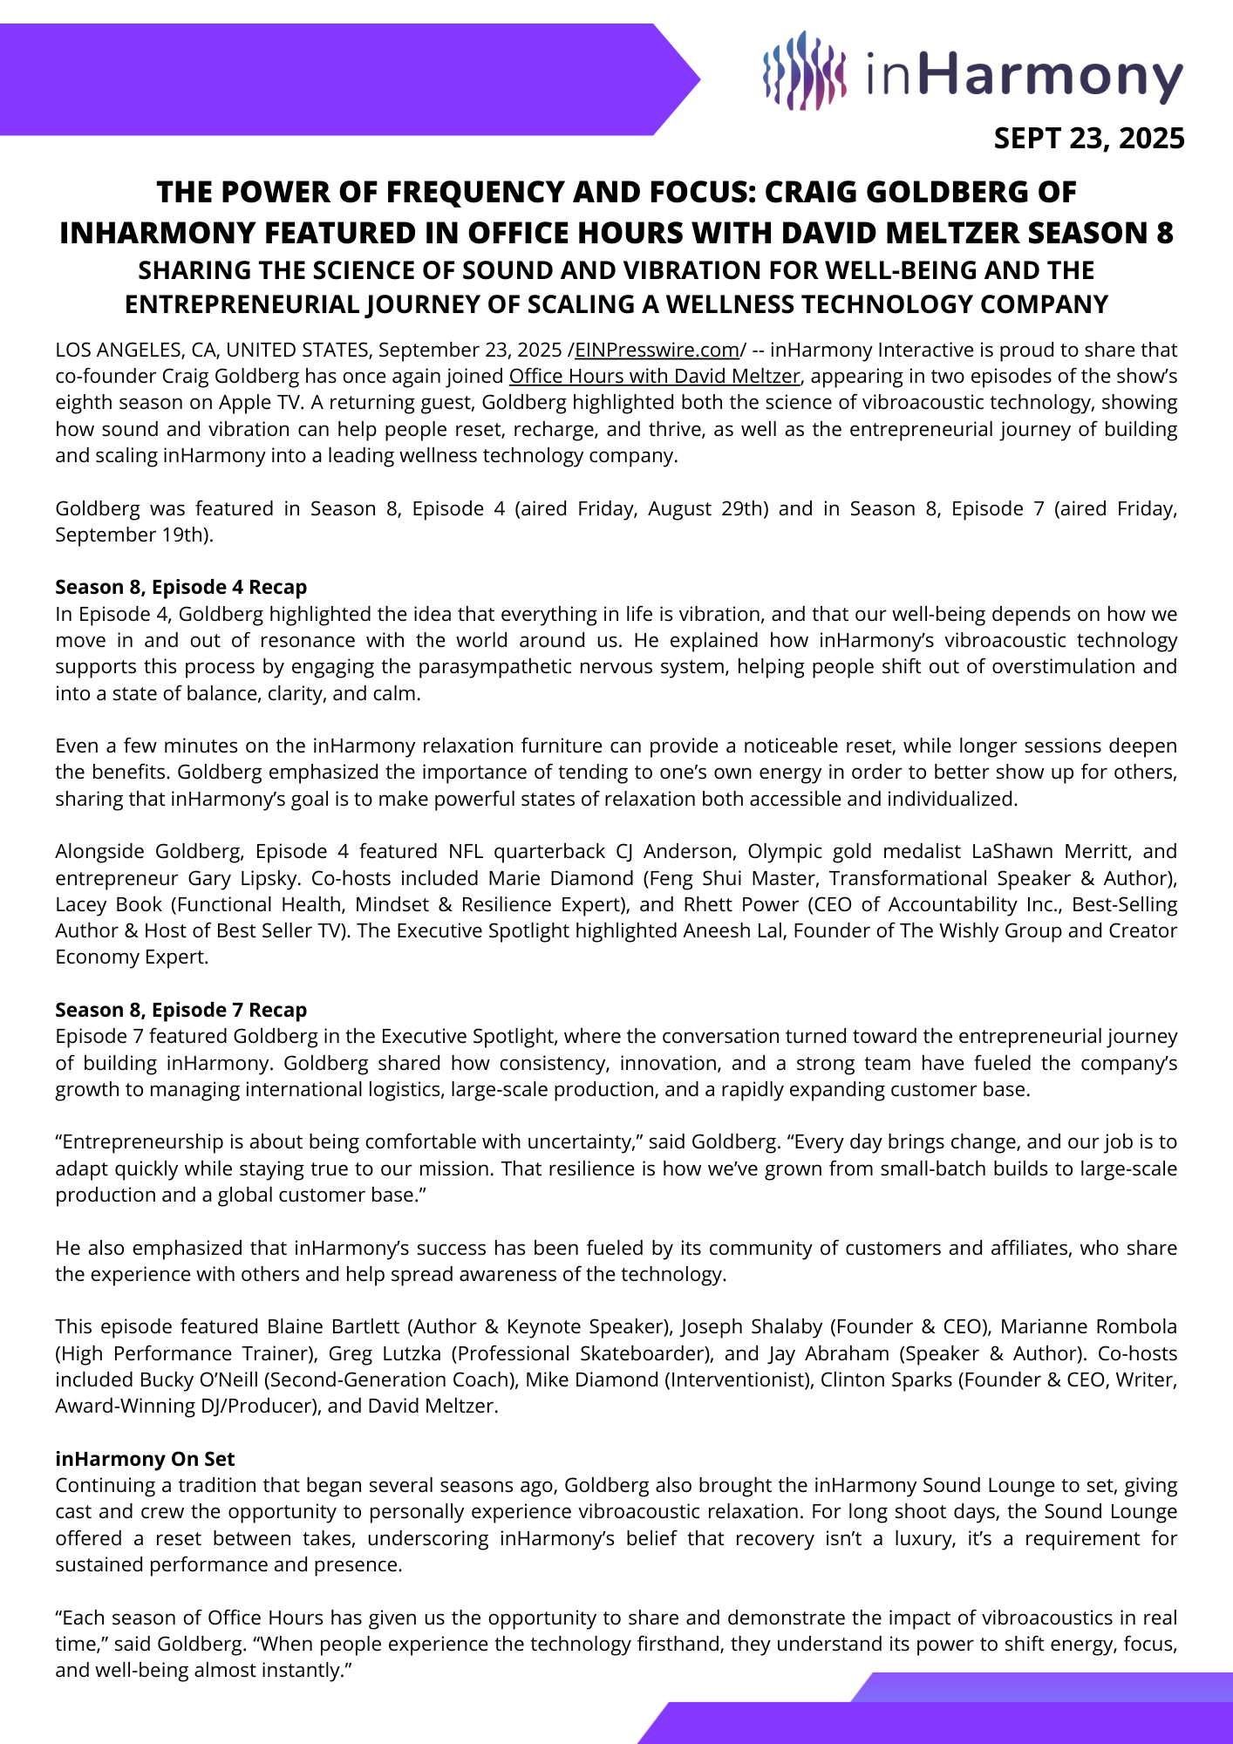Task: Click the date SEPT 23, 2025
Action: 1089,139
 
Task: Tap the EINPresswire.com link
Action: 656,351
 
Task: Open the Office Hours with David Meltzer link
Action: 654,377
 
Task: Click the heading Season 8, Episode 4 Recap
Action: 181,587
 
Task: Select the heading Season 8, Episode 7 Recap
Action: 181,1010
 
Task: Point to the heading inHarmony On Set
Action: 145,1459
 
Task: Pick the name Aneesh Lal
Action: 766,930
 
